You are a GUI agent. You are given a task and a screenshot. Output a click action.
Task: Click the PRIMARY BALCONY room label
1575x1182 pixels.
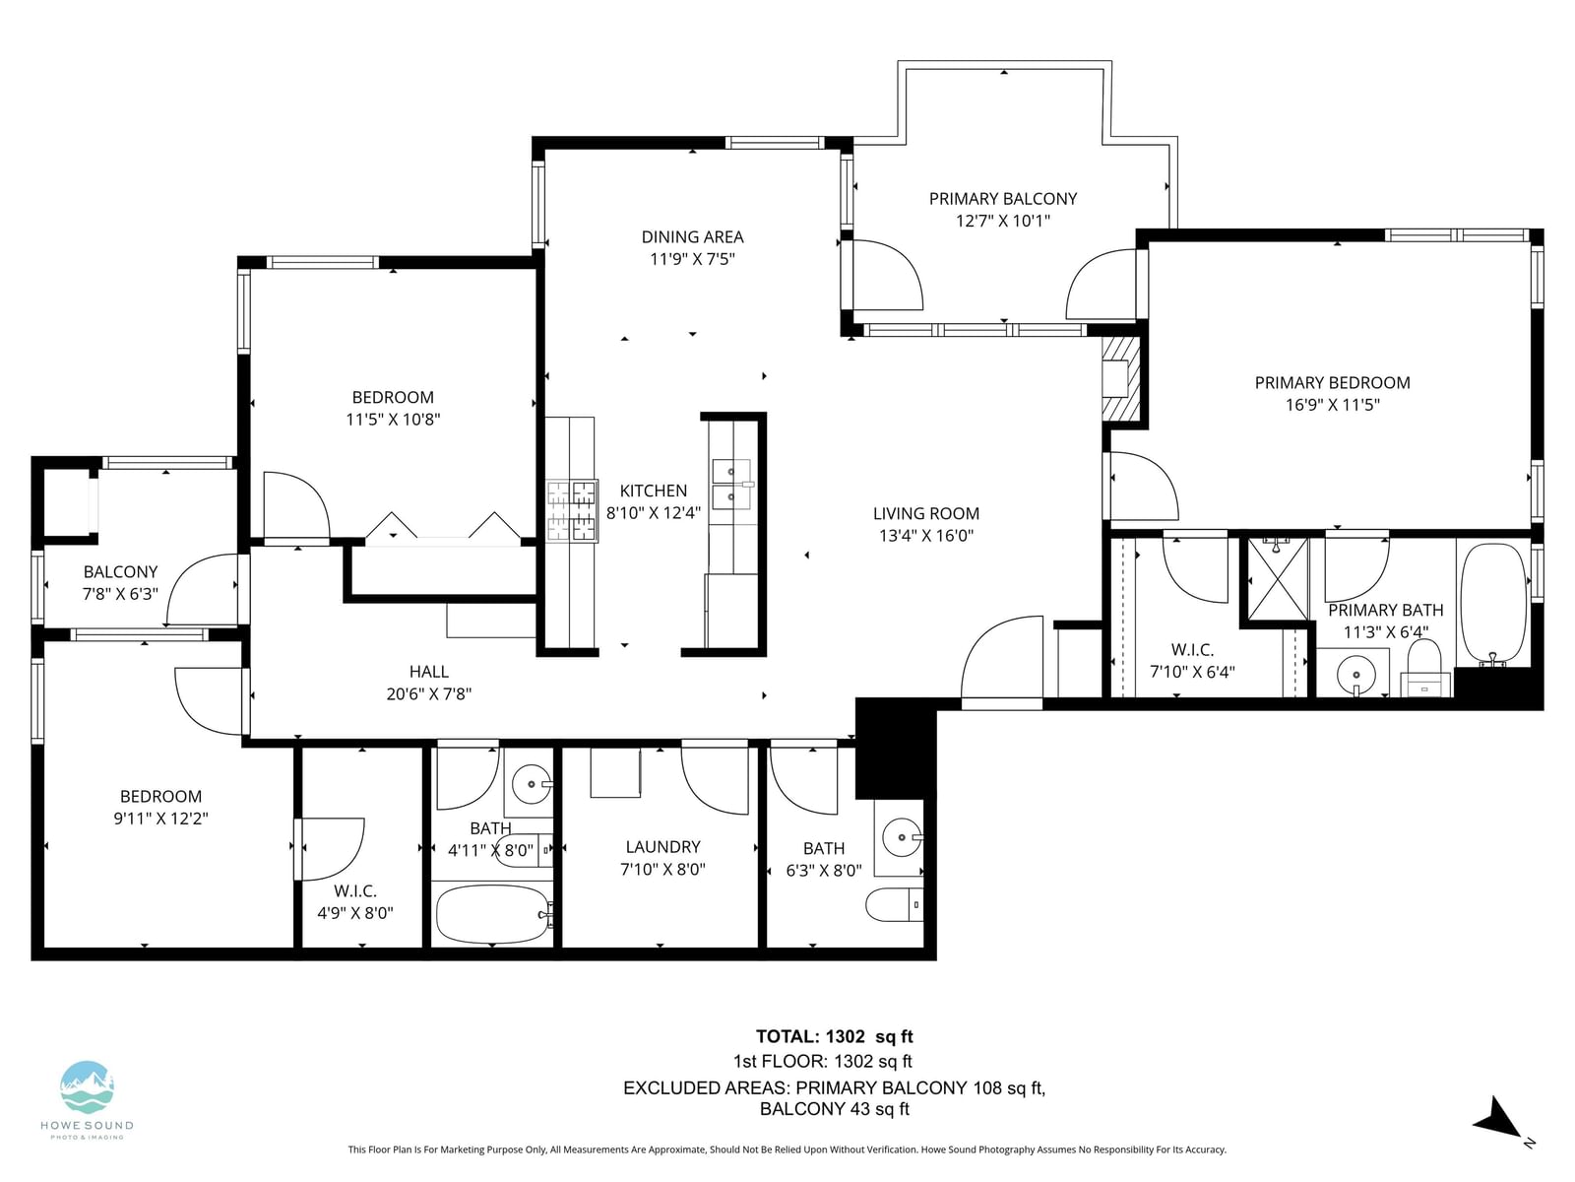[1002, 199]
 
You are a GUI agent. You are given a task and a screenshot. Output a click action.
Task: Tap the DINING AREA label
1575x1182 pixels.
[692, 236]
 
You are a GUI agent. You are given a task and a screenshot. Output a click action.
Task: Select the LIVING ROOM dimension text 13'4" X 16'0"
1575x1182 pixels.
[925, 536]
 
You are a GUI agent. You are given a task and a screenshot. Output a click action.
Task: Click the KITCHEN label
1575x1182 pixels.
[653, 491]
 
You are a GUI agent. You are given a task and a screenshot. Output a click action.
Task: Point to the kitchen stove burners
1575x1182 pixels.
[572, 510]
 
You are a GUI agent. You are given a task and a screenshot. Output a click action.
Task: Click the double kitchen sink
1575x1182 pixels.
[731, 484]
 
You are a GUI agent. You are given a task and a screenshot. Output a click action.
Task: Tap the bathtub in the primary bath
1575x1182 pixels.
[1494, 604]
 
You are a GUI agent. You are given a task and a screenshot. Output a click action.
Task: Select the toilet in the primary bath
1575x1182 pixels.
[1425, 668]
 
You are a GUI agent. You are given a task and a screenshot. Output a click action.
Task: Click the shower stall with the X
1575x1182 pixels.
[1279, 578]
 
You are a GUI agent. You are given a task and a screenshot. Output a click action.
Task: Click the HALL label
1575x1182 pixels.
[428, 672]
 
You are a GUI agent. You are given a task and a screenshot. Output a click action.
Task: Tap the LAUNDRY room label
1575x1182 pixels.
[662, 847]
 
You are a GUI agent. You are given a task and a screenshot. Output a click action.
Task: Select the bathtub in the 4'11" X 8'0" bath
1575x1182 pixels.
[492, 914]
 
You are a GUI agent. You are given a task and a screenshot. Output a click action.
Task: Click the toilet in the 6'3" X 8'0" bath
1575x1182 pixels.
[894, 905]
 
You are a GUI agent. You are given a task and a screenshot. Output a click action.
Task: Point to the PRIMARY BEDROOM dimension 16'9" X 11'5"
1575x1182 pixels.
[1332, 405]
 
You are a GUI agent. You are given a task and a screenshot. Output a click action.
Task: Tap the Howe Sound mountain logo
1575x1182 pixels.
[87, 1086]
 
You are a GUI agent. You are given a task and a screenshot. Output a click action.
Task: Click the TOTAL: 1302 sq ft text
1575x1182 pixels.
[834, 1036]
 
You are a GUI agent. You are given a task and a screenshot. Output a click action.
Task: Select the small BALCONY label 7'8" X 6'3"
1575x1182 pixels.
[120, 583]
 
